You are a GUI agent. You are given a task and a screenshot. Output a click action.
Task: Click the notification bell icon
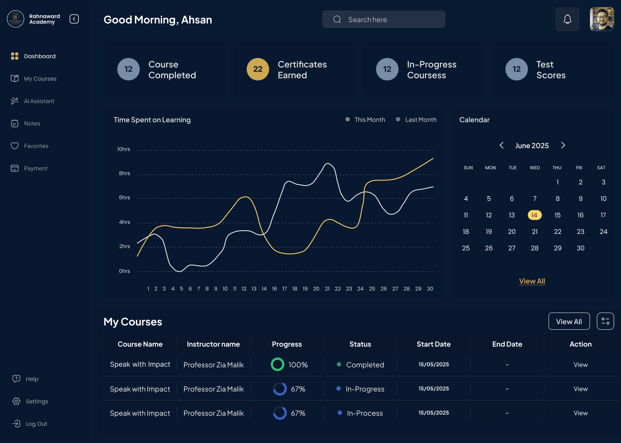tap(567, 19)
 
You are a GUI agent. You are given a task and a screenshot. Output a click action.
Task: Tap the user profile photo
tap(602, 19)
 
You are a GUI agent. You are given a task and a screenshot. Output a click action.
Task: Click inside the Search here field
tap(388, 19)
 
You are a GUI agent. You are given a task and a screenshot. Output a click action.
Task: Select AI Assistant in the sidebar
tap(39, 101)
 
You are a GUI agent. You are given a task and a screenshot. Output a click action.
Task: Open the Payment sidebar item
tap(36, 168)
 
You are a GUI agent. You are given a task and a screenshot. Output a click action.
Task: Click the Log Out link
tap(36, 424)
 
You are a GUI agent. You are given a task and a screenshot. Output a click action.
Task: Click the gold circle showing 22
tap(258, 69)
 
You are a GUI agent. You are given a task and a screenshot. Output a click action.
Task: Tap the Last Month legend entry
tap(420, 120)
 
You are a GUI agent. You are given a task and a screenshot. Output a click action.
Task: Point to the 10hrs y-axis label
tap(124, 149)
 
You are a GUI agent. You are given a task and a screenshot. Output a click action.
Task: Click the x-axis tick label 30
tap(430, 289)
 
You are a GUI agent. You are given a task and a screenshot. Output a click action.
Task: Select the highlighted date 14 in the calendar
tap(534, 215)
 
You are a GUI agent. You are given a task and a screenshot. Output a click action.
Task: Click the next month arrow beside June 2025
tap(563, 145)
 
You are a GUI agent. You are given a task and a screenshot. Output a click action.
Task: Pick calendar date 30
tap(580, 248)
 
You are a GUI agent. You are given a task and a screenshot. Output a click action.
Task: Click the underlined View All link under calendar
tap(532, 281)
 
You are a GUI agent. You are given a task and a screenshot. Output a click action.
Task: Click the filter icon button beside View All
tap(605, 321)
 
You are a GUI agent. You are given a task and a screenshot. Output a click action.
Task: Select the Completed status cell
tap(365, 365)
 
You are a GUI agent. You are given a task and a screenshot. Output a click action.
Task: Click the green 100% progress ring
tap(278, 364)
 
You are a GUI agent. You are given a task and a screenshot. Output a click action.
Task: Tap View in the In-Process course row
tap(581, 413)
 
